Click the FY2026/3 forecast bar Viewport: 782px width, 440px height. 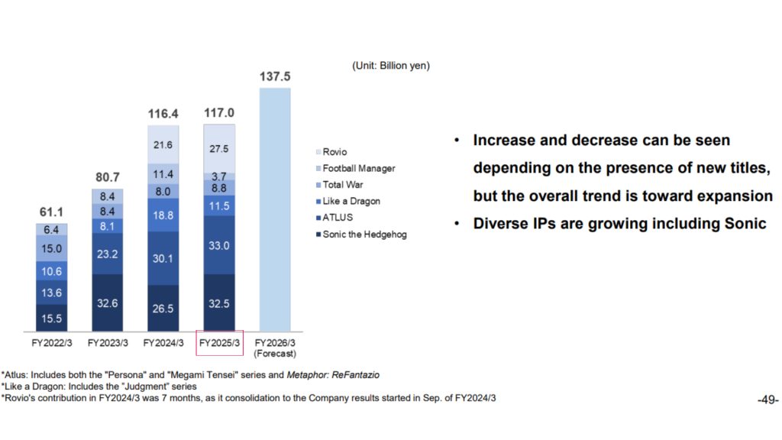click(274, 209)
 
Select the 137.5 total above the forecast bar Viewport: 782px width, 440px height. click(274, 76)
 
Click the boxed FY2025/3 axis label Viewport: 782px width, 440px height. click(219, 343)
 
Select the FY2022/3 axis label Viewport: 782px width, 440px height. click(52, 343)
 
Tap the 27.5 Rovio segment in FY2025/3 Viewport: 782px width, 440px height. click(219, 148)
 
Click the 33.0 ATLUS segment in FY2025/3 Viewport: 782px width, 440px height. click(219, 245)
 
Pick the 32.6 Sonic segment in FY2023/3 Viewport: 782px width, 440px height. click(108, 302)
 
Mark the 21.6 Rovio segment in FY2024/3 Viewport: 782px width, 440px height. click(163, 144)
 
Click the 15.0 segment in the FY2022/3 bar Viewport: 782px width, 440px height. click(52, 248)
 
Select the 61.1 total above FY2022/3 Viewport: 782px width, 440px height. click(52, 212)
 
